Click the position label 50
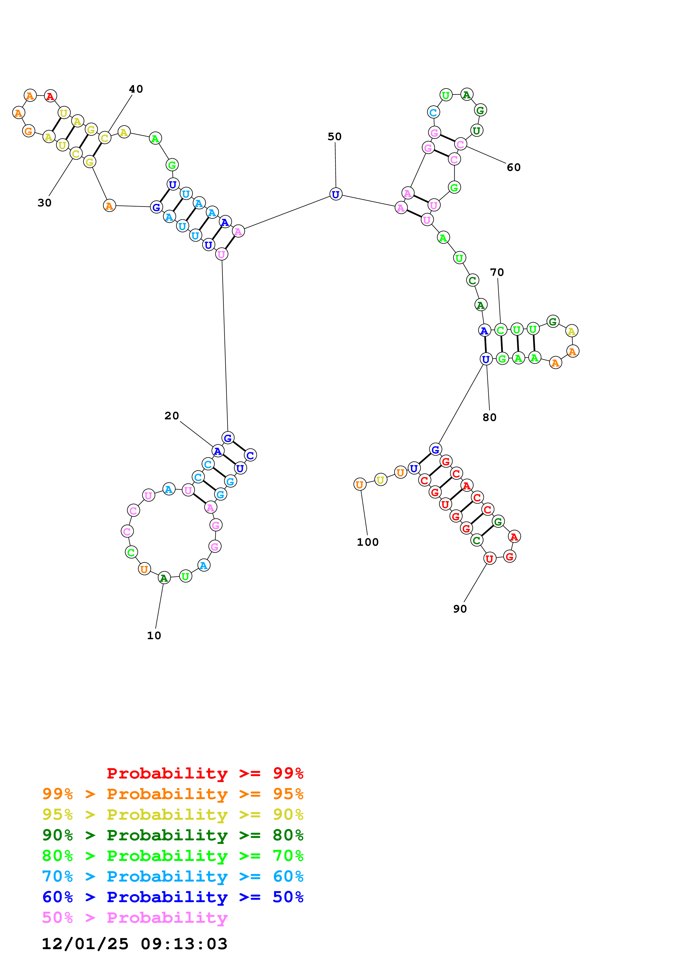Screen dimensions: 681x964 click(334, 137)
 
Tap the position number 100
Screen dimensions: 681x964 click(368, 542)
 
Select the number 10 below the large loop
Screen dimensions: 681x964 click(154, 635)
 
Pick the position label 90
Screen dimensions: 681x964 click(460, 609)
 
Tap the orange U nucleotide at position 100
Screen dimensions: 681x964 click(360, 484)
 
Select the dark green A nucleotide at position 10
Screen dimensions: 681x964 click(164, 578)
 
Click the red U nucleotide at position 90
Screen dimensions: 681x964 click(489, 559)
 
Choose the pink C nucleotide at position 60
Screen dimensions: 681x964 click(460, 144)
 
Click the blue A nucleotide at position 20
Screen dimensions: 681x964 click(217, 451)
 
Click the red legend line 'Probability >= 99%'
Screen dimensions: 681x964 click(205, 773)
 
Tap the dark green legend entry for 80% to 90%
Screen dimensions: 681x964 click(173, 835)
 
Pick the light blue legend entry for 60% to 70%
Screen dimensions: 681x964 click(173, 876)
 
